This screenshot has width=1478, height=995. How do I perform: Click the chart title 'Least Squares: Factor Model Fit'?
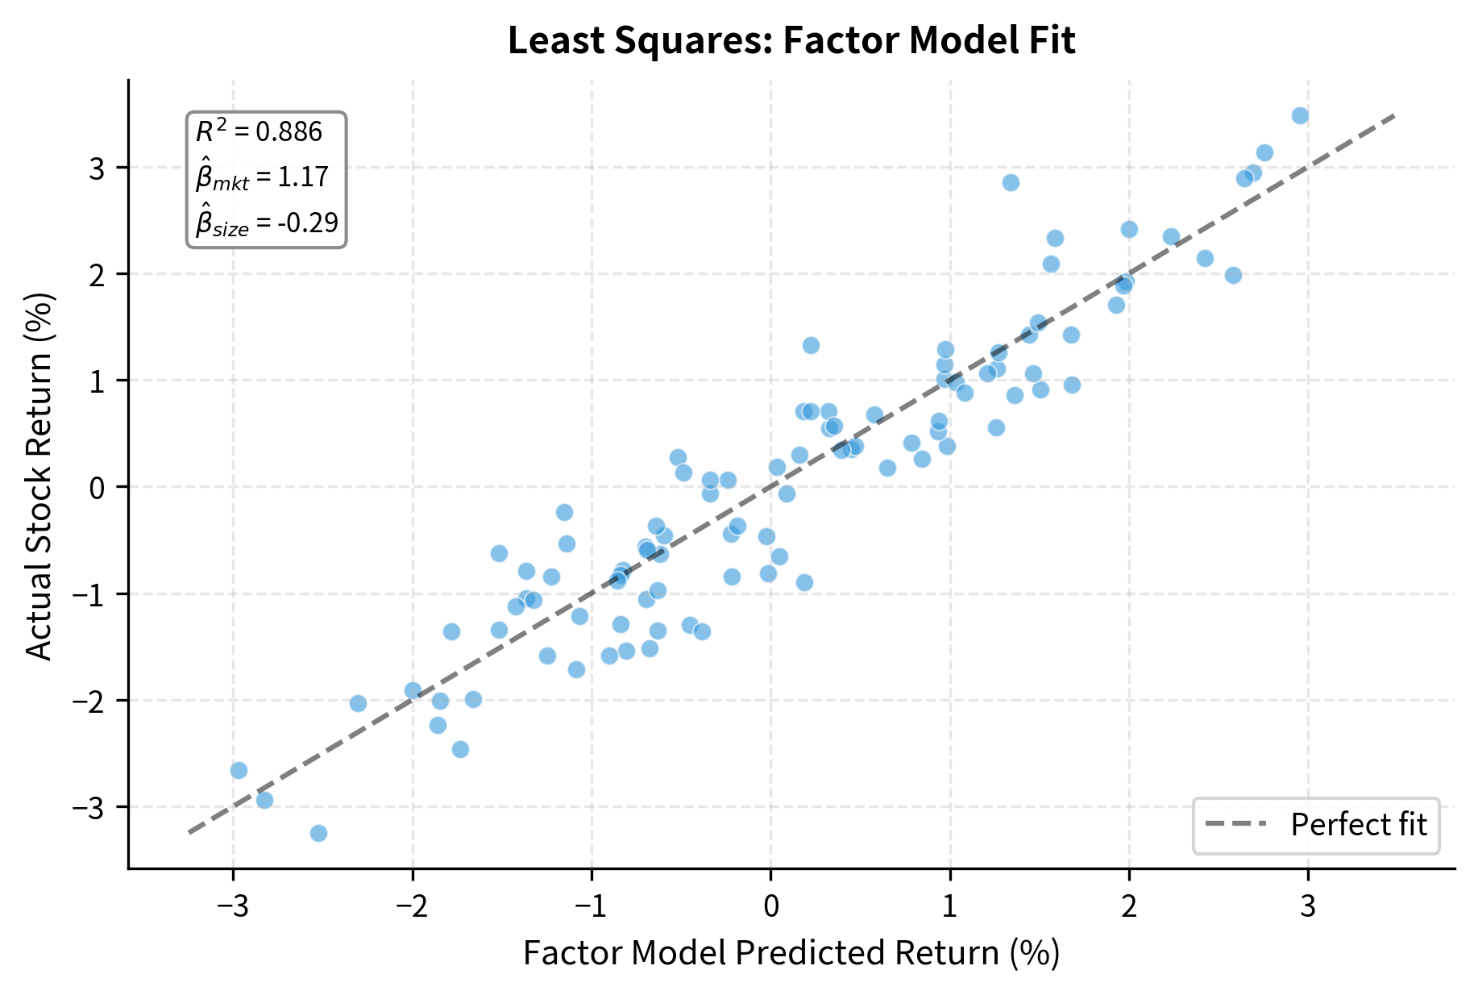pyautogui.click(x=791, y=41)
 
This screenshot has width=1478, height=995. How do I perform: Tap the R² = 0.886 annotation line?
pyautogui.click(x=259, y=131)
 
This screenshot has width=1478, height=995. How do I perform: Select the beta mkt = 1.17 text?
pyautogui.click(x=262, y=177)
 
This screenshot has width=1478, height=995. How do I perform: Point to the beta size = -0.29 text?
pyautogui.click(x=267, y=223)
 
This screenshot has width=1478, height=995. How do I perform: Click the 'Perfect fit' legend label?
pyautogui.click(x=1359, y=825)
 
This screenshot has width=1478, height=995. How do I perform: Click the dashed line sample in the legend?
pyautogui.click(x=1235, y=825)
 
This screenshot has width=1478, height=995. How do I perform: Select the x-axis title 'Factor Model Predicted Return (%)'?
pyautogui.click(x=791, y=953)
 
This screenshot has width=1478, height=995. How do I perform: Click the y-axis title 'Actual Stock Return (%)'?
pyautogui.click(x=39, y=476)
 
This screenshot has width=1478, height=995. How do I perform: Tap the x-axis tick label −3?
pyautogui.click(x=233, y=907)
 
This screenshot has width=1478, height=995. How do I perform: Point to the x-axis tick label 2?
pyautogui.click(x=1129, y=907)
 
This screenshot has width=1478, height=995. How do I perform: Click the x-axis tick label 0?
pyautogui.click(x=770, y=907)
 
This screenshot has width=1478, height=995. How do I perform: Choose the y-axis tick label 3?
pyautogui.click(x=98, y=169)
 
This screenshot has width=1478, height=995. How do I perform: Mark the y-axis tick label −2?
pyautogui.click(x=89, y=701)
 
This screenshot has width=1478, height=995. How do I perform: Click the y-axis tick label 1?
pyautogui.click(x=98, y=381)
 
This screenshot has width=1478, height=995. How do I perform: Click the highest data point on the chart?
pyautogui.click(x=1300, y=116)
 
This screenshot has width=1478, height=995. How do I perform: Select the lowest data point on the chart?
pyautogui.click(x=318, y=833)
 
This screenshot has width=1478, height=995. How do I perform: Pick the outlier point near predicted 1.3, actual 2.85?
pyautogui.click(x=1011, y=183)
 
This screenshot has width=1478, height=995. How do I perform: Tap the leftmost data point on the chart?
pyautogui.click(x=239, y=770)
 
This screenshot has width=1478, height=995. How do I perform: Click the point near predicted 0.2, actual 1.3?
pyautogui.click(x=811, y=346)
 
